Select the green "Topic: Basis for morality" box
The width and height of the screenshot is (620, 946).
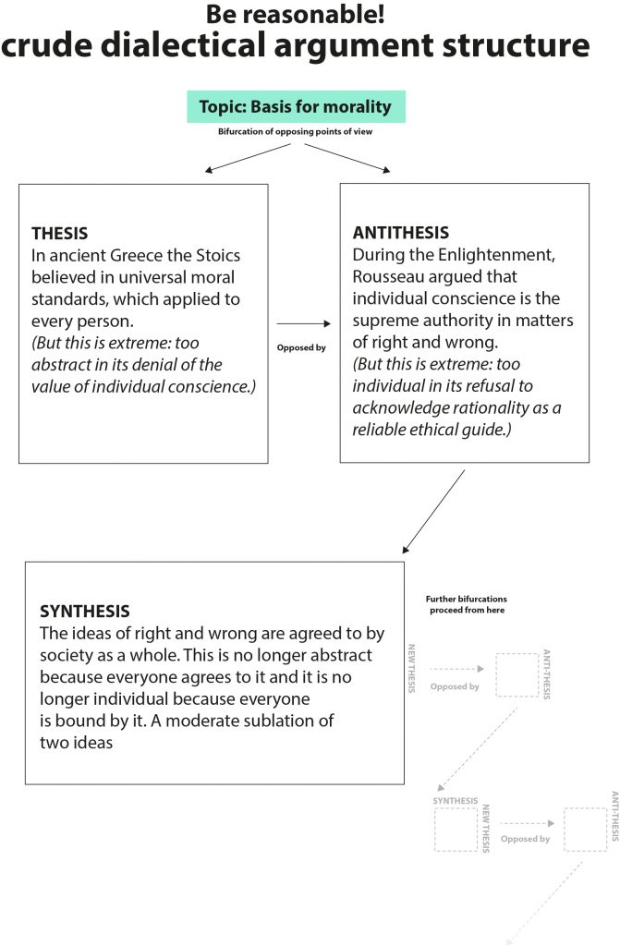[296, 106]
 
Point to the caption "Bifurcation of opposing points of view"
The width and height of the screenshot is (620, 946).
[296, 132]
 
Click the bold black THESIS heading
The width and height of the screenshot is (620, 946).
[60, 234]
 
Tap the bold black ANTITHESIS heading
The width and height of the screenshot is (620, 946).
[401, 233]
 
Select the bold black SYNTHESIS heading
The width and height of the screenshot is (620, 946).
[85, 612]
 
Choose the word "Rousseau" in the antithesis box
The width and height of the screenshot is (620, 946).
[390, 276]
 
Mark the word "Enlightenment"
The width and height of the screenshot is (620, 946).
[489, 254]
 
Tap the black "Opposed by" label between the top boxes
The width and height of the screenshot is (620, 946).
[301, 348]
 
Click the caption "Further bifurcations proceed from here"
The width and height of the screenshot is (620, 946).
[467, 605]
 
